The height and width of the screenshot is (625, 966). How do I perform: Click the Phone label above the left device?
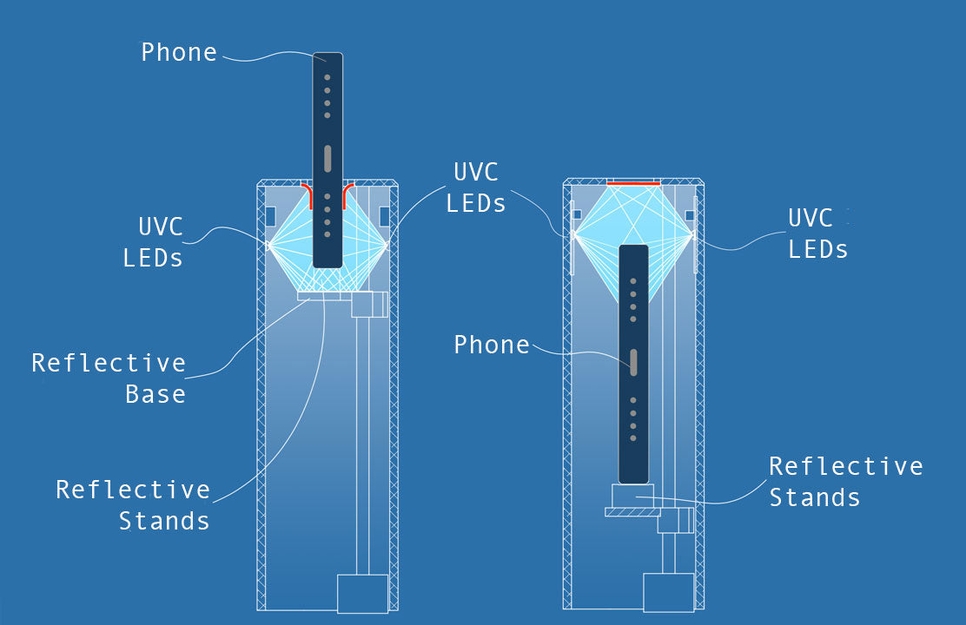179,52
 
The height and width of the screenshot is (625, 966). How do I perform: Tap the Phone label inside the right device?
492,345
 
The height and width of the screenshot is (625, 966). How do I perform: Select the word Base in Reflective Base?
155,394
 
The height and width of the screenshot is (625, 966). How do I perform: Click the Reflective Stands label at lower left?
133,505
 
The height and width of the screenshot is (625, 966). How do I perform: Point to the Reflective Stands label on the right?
845,482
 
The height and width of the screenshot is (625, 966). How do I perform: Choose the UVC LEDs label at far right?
817,234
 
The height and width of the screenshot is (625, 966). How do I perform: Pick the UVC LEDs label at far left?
153,242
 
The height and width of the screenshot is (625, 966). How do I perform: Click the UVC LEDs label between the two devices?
477,187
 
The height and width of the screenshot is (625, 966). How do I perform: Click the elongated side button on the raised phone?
328,159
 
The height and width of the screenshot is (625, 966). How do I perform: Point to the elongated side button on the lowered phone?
633,362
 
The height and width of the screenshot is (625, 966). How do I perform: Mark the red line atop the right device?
633,184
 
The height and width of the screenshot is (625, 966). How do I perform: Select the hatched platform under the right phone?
632,512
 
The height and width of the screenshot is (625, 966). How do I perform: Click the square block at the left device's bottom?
362,594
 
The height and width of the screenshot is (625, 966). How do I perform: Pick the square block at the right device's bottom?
668,592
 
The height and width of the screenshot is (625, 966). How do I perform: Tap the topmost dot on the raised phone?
328,77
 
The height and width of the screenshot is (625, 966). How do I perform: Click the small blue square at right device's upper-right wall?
690,214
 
